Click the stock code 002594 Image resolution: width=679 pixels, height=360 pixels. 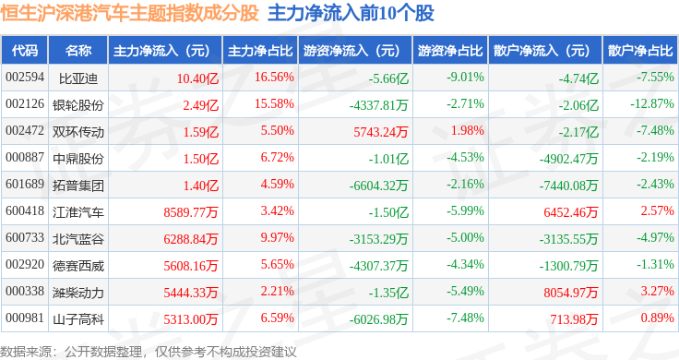pyautogui.click(x=25, y=78)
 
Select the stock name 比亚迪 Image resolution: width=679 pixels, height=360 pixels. pyautogui.click(x=78, y=78)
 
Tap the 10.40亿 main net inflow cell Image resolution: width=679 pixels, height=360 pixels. pyautogui.click(x=197, y=78)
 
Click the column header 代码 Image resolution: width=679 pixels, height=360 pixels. pyautogui.click(x=25, y=50)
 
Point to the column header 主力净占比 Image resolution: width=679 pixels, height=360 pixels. pyautogui.click(x=260, y=50)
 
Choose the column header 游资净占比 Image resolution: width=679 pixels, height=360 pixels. pyautogui.click(x=450, y=50)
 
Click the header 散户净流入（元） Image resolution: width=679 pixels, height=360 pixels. pyautogui.click(x=542, y=50)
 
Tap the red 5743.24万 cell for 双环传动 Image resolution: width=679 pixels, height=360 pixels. pyautogui.click(x=381, y=132)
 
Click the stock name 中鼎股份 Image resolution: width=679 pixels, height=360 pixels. pyautogui.click(x=78, y=159)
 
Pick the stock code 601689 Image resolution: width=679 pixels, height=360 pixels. pyautogui.click(x=25, y=184)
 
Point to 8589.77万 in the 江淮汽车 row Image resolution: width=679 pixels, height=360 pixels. pyautogui.click(x=191, y=212)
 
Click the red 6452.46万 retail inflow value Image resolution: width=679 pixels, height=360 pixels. pyautogui.click(x=571, y=212)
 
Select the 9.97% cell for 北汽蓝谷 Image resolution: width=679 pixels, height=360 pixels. pyautogui.click(x=277, y=238)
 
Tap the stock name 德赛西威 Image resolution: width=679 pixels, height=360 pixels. pyautogui.click(x=78, y=266)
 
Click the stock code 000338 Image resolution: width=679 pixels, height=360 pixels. pyautogui.click(x=25, y=291)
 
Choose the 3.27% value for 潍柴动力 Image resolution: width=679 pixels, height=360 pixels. pyautogui.click(x=658, y=291)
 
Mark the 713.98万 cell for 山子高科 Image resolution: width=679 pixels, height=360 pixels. pyautogui.click(x=574, y=319)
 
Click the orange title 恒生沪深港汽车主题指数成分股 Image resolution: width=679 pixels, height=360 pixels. pyautogui.click(x=129, y=13)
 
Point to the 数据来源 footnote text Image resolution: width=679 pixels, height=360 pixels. pyautogui.click(x=149, y=352)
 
